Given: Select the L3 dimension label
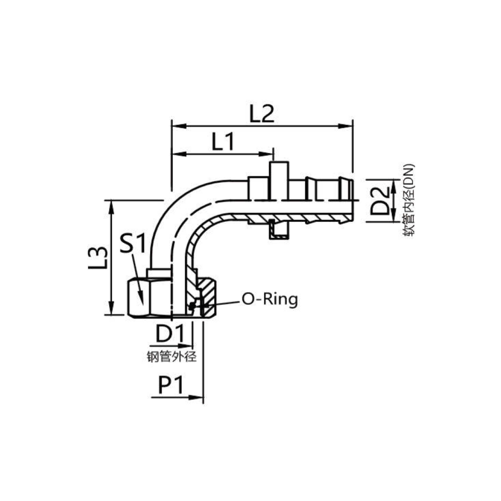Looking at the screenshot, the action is coord(98,258).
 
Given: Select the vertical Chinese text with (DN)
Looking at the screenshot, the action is coord(408,200).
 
